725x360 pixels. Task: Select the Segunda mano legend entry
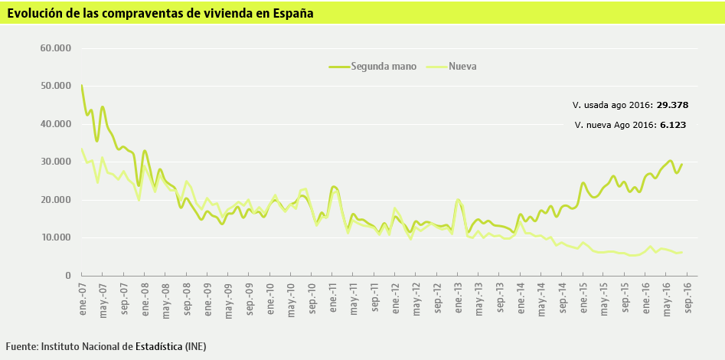pos(383,67)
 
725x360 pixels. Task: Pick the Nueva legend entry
pos(463,67)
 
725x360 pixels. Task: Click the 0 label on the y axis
pos(67,276)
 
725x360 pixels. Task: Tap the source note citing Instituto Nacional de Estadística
pos(106,347)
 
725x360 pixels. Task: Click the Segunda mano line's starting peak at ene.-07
pos(82,86)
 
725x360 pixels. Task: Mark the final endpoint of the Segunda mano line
pos(681,165)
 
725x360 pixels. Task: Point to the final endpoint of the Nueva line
pos(681,252)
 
